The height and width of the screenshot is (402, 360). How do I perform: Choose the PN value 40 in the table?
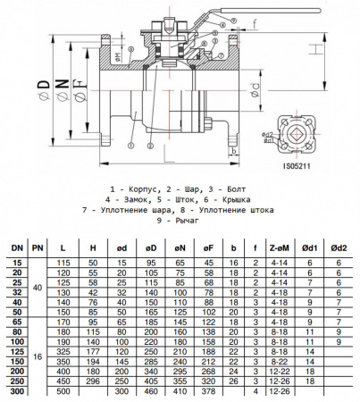[38, 288]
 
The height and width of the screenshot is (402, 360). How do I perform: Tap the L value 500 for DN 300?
[63, 392]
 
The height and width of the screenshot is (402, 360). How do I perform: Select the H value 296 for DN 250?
[92, 382]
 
